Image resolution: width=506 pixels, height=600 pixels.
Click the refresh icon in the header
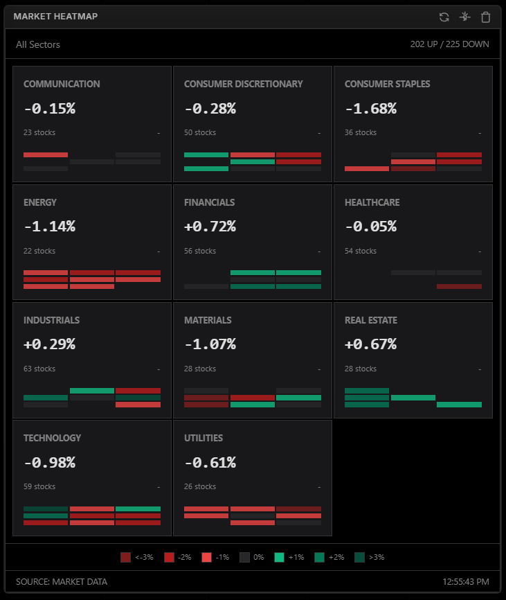(444, 17)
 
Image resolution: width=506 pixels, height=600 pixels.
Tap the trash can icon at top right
(486, 17)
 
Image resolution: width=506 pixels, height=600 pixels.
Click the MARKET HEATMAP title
(55, 17)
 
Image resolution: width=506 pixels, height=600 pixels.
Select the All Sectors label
(38, 44)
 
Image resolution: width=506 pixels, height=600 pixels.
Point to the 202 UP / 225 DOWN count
(449, 44)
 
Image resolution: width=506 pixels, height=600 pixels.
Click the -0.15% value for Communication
(49, 108)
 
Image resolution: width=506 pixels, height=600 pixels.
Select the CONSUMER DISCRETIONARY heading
(243, 84)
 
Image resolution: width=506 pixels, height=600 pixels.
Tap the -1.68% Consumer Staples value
(370, 108)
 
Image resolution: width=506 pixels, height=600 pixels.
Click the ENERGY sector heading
(40, 202)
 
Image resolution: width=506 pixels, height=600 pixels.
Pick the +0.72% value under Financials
(210, 227)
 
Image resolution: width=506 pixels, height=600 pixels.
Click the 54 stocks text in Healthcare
(361, 251)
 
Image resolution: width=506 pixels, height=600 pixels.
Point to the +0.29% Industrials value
(49, 344)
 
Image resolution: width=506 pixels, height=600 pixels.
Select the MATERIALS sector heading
(208, 320)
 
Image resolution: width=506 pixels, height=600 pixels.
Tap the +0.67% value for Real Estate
(370, 344)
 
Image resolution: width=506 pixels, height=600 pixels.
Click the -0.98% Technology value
(49, 462)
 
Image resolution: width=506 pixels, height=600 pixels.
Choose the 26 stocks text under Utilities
(200, 486)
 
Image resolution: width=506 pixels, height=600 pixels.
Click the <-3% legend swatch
(125, 557)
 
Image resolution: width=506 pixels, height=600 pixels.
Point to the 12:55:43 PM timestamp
(465, 582)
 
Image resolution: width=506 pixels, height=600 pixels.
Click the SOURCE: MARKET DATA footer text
(62, 582)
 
